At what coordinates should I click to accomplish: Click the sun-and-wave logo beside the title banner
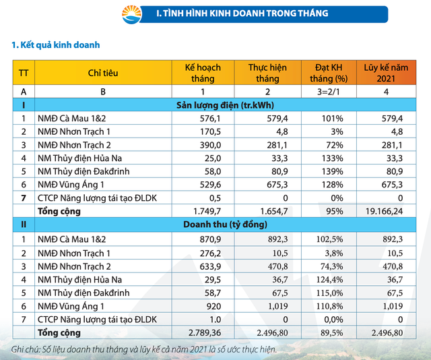(133, 13)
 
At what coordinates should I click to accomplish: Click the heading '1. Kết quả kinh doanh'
(56, 45)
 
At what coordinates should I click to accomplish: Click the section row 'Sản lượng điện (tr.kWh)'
(225, 104)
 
